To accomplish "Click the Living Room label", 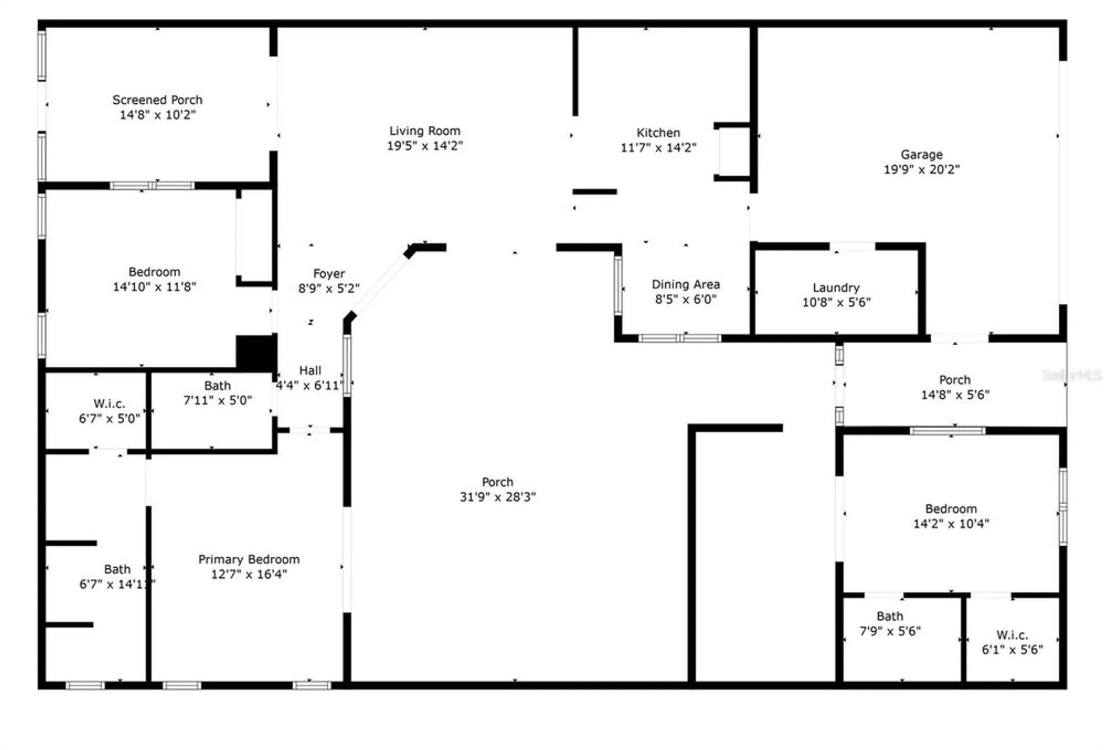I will click(x=424, y=131).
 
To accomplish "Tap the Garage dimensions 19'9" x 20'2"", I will click(x=921, y=170).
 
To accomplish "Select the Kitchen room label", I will click(x=658, y=133).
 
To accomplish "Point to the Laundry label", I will click(x=836, y=287).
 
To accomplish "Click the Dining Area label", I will click(x=686, y=284).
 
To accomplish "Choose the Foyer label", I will click(x=329, y=273).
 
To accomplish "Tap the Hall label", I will click(x=310, y=371).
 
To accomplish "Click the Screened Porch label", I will click(x=157, y=100).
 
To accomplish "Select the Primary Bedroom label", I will click(x=249, y=559).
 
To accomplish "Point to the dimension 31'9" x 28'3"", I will click(x=497, y=497).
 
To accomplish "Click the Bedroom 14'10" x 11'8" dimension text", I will click(x=155, y=287).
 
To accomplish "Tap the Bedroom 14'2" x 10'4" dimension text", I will click(x=951, y=524).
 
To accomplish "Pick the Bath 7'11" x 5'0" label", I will click(x=217, y=385).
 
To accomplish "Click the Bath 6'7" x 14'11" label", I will click(x=117, y=569).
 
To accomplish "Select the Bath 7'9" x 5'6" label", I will click(x=890, y=616).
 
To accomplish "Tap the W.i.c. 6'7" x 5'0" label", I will click(x=109, y=404).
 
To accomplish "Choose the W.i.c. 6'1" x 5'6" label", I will click(x=1012, y=635).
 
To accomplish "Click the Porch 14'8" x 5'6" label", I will click(x=955, y=380).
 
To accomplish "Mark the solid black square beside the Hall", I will click(x=256, y=353).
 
